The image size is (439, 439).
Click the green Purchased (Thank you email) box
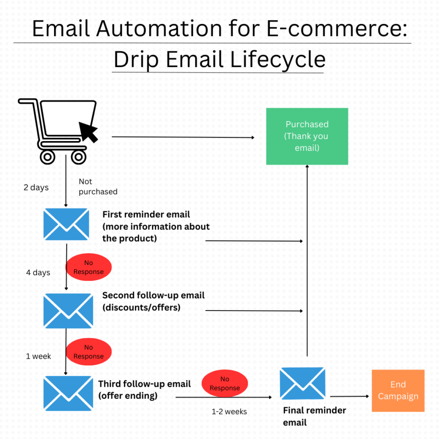tap(307, 136)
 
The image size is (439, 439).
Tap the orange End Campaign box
tap(398, 390)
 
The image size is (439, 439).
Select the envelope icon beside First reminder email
tap(66, 224)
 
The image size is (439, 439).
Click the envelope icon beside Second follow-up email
tap(68, 311)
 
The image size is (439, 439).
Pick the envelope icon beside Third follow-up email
tap(68, 393)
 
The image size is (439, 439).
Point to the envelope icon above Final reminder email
tap(303, 384)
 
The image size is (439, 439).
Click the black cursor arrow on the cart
tap(89, 132)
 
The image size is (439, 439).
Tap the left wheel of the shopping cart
tap(47, 157)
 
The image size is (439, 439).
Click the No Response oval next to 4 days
tap(88, 267)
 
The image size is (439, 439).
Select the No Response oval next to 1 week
tap(88, 352)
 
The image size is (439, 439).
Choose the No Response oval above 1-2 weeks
tap(225, 384)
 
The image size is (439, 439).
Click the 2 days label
tap(36, 188)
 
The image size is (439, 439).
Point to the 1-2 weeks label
tap(229, 411)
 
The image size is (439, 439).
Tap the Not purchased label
tap(98, 187)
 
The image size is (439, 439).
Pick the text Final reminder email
tap(314, 416)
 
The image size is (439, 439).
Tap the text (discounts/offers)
tap(141, 307)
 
